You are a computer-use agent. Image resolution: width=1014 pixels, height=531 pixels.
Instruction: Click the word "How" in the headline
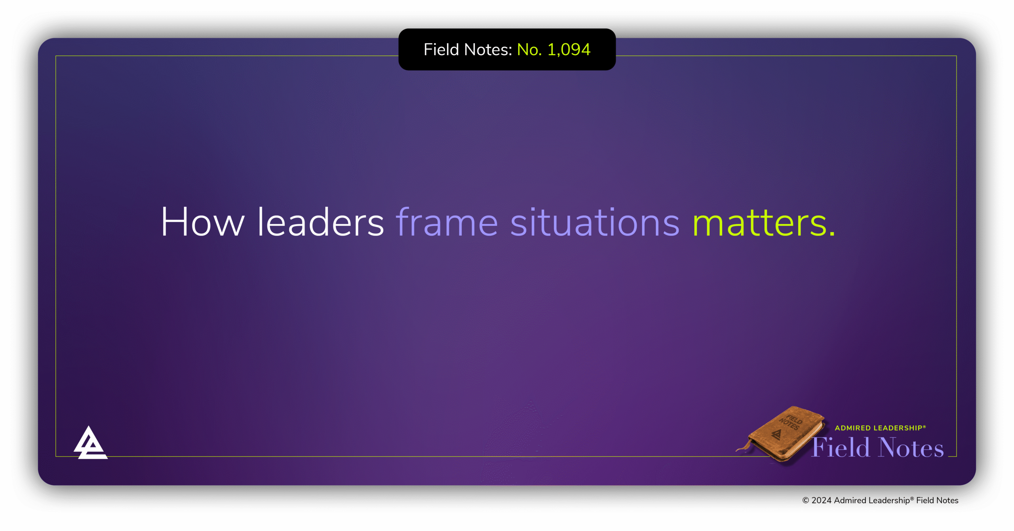coord(202,222)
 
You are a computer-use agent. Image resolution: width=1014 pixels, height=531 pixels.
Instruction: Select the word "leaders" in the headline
coord(320,222)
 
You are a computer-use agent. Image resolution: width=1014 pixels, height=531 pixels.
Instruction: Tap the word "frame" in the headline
coord(447,222)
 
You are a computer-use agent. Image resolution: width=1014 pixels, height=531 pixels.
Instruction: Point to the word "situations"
coord(595,222)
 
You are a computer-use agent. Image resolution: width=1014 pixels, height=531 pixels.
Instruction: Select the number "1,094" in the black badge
coord(569,50)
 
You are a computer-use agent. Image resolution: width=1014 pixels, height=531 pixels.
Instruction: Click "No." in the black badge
coord(529,50)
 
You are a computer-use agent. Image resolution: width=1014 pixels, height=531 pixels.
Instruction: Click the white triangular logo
coord(90,443)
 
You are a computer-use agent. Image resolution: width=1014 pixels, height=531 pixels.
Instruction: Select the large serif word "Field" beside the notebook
coord(841,448)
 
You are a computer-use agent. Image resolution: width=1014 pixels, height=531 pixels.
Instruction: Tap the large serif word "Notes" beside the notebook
coord(911,448)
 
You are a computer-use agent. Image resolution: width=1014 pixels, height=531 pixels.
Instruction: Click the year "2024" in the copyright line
coord(821,500)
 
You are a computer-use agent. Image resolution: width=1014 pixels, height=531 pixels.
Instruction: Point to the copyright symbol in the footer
coord(805,500)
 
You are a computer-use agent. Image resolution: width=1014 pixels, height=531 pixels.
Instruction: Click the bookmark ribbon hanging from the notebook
coord(743,448)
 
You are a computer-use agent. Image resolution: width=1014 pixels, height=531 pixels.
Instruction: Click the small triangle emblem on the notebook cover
coord(777,435)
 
